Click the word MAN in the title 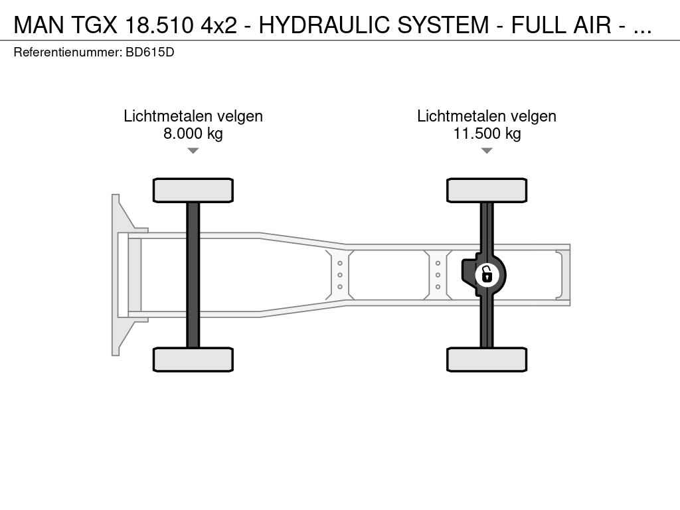tap(39, 25)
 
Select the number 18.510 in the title tap(159, 25)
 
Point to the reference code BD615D tap(149, 52)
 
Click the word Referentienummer tap(68, 52)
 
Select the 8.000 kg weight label tap(193, 133)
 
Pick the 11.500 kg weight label tap(487, 133)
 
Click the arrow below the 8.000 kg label tap(193, 151)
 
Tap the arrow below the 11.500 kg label tap(487, 151)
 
